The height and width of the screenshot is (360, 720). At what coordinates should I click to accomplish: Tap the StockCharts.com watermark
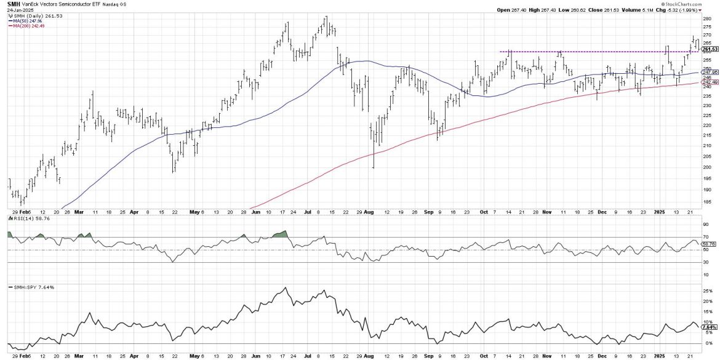click(699, 3)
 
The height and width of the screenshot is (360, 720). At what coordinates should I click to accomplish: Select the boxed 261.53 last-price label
click(709, 49)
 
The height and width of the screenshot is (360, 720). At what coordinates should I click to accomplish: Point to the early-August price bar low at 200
click(373, 167)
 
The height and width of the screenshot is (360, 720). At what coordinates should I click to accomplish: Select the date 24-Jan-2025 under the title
click(17, 10)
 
